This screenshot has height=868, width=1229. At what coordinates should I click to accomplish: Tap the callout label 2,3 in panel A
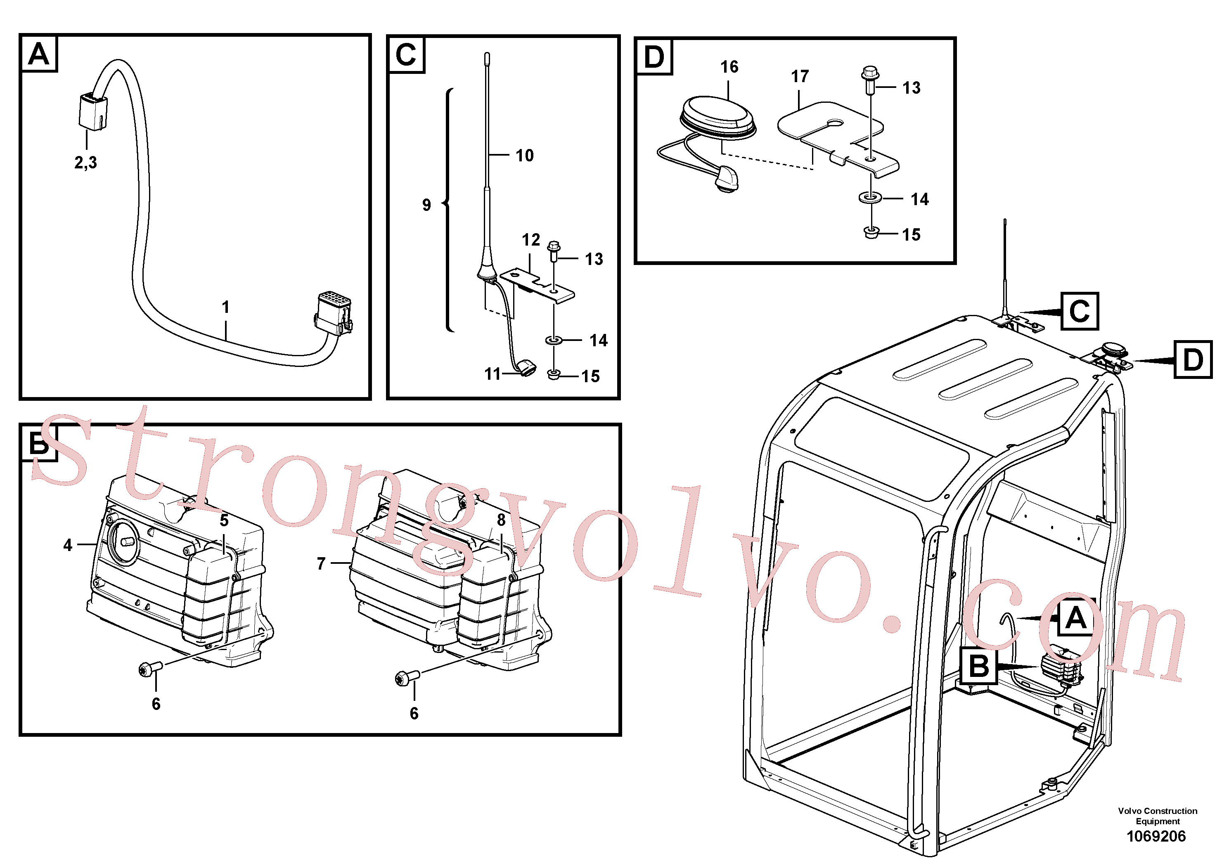click(x=85, y=162)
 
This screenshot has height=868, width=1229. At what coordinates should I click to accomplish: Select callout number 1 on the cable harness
click(x=226, y=307)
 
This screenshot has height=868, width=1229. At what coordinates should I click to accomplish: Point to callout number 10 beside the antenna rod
click(x=525, y=155)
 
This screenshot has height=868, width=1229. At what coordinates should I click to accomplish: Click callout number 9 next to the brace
click(x=426, y=205)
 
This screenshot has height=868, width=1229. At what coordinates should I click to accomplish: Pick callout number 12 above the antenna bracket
click(x=531, y=240)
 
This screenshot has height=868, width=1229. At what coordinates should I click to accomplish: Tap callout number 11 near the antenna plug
click(x=493, y=374)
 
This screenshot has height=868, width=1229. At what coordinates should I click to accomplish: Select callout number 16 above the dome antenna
click(x=729, y=67)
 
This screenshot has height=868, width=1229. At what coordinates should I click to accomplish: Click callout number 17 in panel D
click(x=800, y=76)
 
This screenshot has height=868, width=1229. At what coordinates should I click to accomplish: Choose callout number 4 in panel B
click(x=67, y=545)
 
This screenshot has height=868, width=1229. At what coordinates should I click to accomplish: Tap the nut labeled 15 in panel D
click(x=872, y=233)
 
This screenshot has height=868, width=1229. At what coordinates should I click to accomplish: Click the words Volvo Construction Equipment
click(x=1157, y=816)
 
